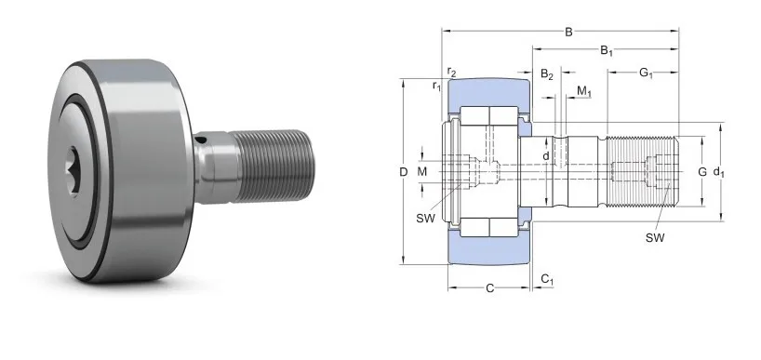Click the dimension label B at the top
[x=567, y=32]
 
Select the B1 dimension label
[x=606, y=49]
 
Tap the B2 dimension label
[x=548, y=73]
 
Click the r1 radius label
[x=435, y=87]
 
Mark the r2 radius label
[x=451, y=72]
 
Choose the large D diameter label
[x=403, y=172]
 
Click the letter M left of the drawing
[x=422, y=172]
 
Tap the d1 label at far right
[x=717, y=171]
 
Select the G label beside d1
[x=701, y=171]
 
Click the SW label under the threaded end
[x=655, y=238]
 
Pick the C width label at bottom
[x=489, y=288]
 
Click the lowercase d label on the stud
[x=546, y=155]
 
